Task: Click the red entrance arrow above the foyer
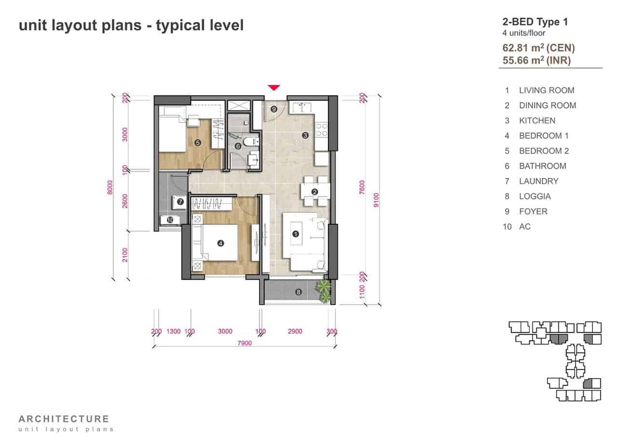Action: (x=274, y=87)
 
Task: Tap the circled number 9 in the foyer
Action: (x=273, y=109)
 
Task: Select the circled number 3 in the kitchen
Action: (x=305, y=135)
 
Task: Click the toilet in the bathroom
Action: (x=251, y=142)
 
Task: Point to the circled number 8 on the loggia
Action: (x=298, y=292)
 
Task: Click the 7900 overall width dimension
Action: (x=244, y=343)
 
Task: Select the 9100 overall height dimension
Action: (x=376, y=200)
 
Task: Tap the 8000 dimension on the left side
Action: (x=110, y=187)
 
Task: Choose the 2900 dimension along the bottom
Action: (x=295, y=331)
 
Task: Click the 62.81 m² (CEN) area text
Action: (x=538, y=48)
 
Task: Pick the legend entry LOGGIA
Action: (x=535, y=196)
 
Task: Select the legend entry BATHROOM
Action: (x=543, y=166)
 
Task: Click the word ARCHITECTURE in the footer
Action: (x=64, y=419)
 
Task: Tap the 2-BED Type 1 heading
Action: (x=535, y=22)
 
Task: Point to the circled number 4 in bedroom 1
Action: (x=220, y=243)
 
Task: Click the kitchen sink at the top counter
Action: (x=302, y=108)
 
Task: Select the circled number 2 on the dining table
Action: (x=315, y=192)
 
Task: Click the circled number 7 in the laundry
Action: (x=180, y=202)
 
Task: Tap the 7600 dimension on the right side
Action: (x=362, y=187)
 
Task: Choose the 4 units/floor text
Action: (x=523, y=33)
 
